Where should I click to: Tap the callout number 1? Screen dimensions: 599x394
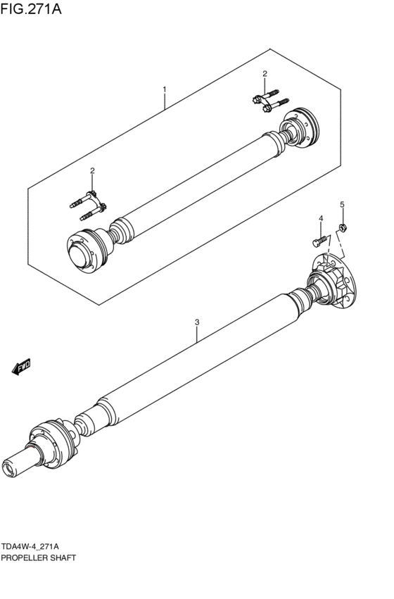click(x=164, y=89)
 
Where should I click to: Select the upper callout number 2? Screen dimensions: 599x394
click(x=265, y=74)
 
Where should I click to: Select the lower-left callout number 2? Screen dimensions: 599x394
click(x=91, y=171)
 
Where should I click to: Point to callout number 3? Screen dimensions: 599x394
click(x=197, y=322)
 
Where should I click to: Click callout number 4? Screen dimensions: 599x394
click(x=320, y=219)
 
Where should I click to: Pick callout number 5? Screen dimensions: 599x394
click(x=342, y=204)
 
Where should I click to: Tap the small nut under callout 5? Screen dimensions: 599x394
click(x=343, y=227)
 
